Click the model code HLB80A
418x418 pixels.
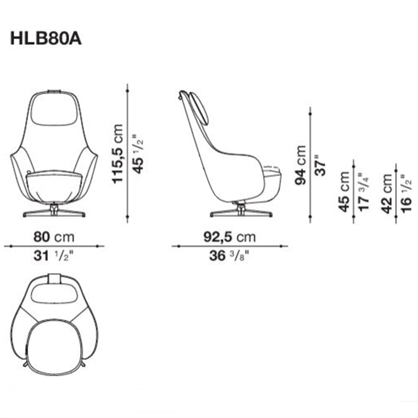pyautogui.click(x=45, y=39)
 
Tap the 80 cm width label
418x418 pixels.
pyautogui.click(x=54, y=237)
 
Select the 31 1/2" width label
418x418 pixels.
pyautogui.click(x=53, y=256)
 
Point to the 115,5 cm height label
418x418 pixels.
pyautogui.click(x=117, y=154)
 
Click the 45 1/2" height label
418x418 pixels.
pyautogui.click(x=138, y=154)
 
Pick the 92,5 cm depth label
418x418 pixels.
pyautogui.click(x=229, y=237)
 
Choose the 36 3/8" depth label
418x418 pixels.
pyautogui.click(x=229, y=256)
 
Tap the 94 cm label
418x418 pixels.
pyautogui.click(x=300, y=165)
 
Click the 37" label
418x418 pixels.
pyautogui.click(x=320, y=165)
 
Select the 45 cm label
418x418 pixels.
pyautogui.click(x=344, y=192)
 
